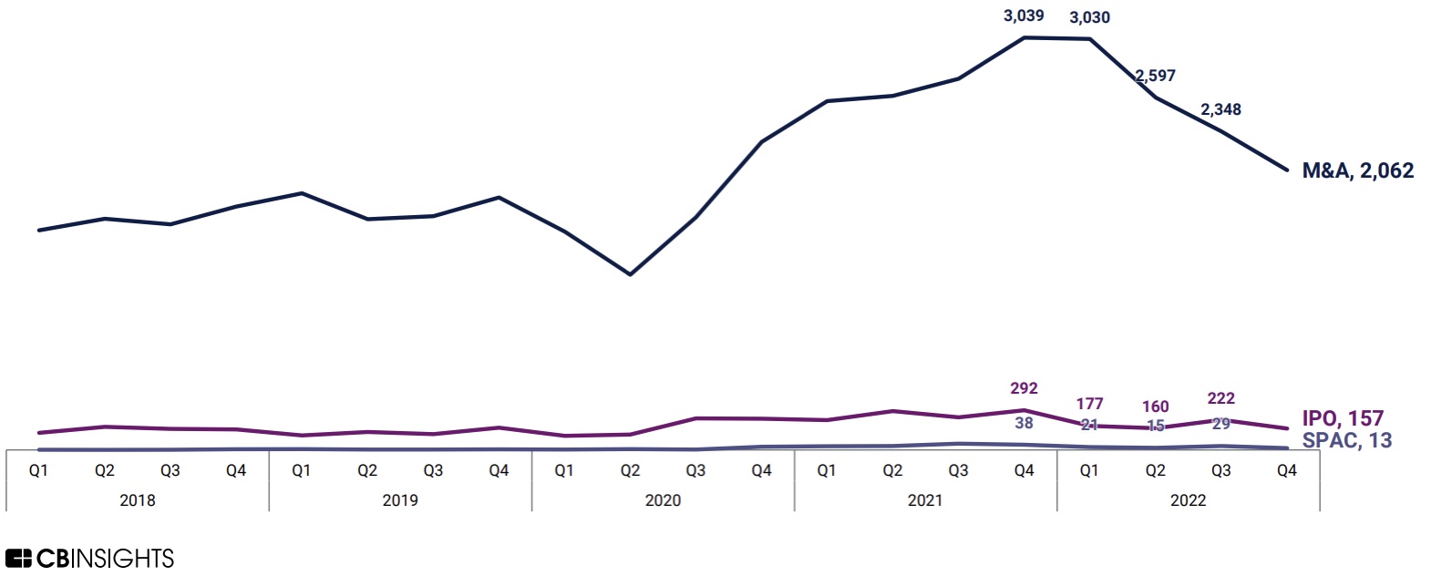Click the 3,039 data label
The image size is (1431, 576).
[1024, 15]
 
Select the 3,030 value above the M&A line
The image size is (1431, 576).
[1089, 17]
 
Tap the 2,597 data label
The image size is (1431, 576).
[1156, 76]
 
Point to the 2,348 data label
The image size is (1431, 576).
[1220, 109]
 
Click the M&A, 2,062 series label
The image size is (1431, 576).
[1357, 170]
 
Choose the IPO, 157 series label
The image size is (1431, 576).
[1342, 418]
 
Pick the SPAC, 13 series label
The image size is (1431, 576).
[1346, 440]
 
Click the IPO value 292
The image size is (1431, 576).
[1024, 388]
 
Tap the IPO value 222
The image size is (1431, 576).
[1220, 398]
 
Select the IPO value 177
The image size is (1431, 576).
[1089, 403]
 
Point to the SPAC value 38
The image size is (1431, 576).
[1024, 423]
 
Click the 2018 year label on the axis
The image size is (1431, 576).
[138, 500]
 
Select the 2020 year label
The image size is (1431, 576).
[663, 500]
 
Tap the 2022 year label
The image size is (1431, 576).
[1188, 500]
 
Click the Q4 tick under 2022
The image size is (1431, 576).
[1286, 470]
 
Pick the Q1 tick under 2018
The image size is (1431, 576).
[38, 470]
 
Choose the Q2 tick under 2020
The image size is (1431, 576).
[630, 470]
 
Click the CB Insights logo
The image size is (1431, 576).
[89, 558]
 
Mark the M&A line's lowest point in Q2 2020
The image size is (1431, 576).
[630, 274]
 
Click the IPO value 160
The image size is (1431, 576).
[1155, 406]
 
